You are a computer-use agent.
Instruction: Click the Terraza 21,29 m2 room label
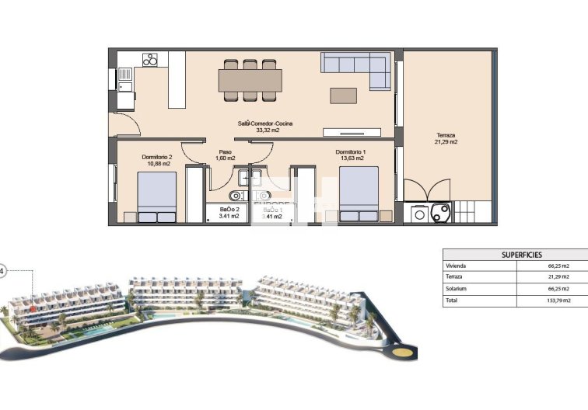coord(446,138)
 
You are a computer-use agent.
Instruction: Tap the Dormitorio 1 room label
coord(350,155)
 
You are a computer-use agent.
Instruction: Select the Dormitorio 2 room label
coord(156,160)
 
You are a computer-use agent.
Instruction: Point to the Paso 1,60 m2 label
coord(225,155)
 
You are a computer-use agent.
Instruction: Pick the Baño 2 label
coord(229,213)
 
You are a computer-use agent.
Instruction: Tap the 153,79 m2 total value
coord(558,300)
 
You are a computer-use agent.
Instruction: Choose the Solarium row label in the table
coord(458,289)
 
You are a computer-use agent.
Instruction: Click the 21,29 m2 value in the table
coord(558,277)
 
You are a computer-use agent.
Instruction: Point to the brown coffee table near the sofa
coord(343,95)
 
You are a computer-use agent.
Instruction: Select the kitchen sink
coord(125,75)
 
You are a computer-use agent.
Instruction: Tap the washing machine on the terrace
coord(421,214)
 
